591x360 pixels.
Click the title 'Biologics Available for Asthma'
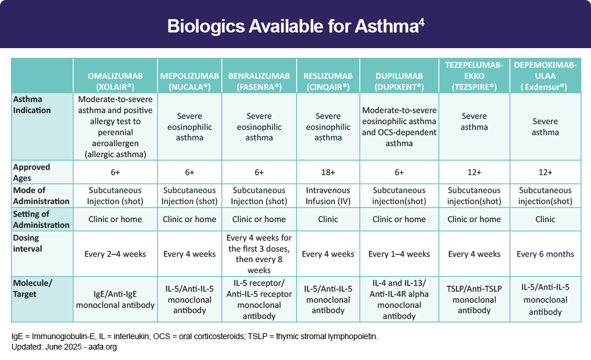point(293,26)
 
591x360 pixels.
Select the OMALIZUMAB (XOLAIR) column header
point(115,81)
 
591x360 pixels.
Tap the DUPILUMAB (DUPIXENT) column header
point(399,81)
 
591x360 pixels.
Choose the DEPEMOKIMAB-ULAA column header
point(545,76)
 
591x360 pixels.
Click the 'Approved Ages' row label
point(32,172)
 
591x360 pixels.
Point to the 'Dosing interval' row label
point(27,243)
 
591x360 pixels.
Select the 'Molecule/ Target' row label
point(32,288)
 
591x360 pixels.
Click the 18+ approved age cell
point(328,172)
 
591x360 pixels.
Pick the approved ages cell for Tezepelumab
point(474,172)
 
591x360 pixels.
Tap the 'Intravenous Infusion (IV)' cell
point(328,195)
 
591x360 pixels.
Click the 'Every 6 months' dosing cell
point(545,254)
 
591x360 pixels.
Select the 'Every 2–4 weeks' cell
point(115,254)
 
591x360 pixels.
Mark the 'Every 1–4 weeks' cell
point(399,254)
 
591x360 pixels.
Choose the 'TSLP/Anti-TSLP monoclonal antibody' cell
point(474,299)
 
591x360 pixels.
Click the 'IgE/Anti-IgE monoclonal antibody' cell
point(115,299)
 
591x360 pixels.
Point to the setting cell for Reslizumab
point(328,219)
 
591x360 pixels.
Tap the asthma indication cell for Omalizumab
point(115,126)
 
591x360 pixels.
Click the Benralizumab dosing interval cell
point(259,254)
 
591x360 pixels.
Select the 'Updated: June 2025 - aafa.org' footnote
point(64,347)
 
